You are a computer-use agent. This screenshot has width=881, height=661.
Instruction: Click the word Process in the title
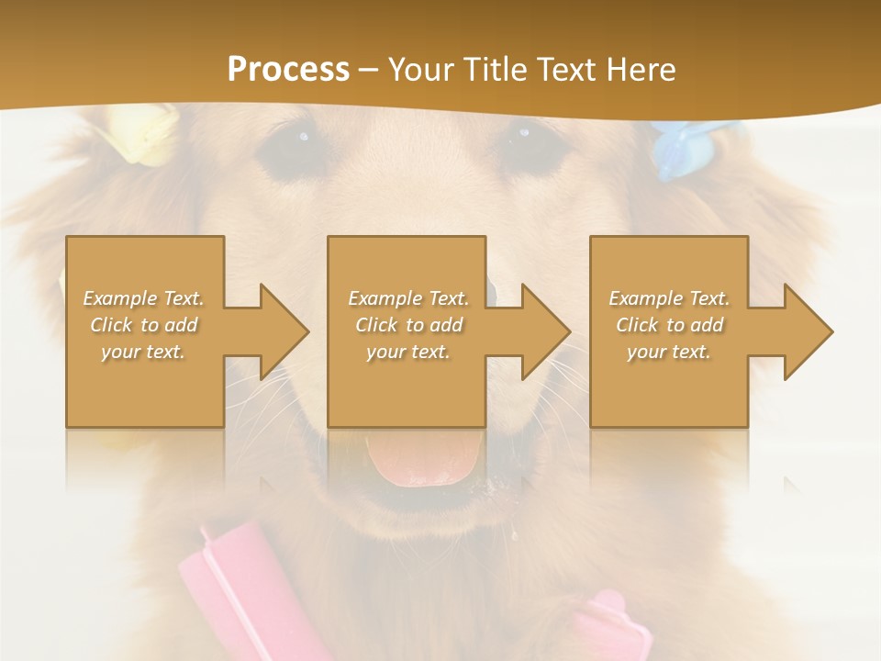point(288,70)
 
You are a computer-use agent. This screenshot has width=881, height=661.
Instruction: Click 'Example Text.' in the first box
point(144,298)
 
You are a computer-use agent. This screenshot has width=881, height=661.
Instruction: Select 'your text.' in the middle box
point(407,352)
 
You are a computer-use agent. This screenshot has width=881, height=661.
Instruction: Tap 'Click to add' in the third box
point(670,325)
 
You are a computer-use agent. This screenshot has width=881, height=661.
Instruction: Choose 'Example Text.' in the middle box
point(408,298)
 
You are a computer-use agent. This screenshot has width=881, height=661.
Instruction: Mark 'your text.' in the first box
point(143,352)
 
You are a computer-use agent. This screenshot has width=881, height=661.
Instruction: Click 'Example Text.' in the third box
point(669,298)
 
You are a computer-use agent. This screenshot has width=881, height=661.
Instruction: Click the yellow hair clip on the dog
point(142,133)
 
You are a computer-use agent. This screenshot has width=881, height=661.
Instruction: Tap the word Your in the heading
point(422,70)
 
